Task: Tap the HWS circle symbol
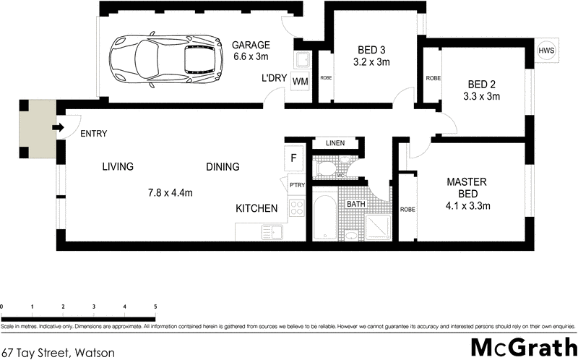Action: click(x=547, y=51)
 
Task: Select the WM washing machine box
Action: click(x=300, y=81)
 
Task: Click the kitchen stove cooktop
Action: click(x=296, y=209)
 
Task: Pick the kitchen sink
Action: click(x=272, y=232)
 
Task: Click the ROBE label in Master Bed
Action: click(x=407, y=209)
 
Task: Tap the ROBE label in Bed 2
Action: click(x=433, y=78)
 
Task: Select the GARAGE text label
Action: click(x=251, y=45)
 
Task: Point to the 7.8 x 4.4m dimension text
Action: click(x=170, y=192)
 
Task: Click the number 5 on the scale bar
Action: click(x=155, y=307)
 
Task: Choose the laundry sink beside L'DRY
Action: click(x=301, y=59)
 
